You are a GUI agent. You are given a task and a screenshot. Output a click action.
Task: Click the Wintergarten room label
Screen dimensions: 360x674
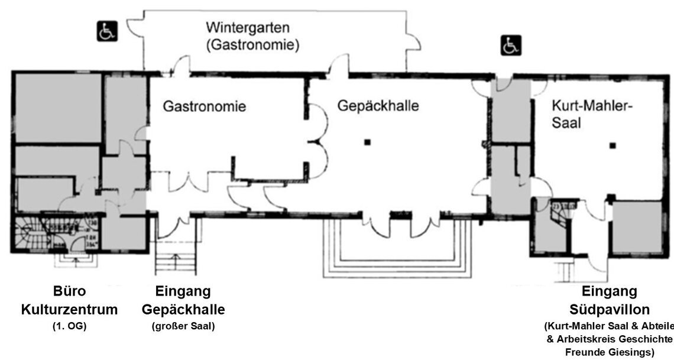click(x=247, y=27)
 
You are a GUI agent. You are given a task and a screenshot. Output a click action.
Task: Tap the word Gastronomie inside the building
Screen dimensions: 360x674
click(x=205, y=108)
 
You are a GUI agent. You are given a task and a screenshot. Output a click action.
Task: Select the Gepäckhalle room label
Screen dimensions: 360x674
click(x=378, y=106)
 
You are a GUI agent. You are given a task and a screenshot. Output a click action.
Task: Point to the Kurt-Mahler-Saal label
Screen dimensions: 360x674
click(x=592, y=115)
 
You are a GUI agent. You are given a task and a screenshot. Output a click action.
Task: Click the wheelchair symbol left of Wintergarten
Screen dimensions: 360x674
click(x=108, y=31)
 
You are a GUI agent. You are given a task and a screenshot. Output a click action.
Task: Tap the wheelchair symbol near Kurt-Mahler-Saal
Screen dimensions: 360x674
click(x=510, y=45)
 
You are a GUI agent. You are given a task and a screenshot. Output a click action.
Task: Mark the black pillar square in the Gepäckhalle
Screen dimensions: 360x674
click(x=367, y=141)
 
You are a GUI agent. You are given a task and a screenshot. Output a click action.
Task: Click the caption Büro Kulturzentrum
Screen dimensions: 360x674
click(x=70, y=300)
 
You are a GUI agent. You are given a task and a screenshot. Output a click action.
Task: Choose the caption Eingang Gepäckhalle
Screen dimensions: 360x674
click(x=183, y=300)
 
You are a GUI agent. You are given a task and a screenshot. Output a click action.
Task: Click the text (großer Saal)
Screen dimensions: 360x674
click(x=183, y=326)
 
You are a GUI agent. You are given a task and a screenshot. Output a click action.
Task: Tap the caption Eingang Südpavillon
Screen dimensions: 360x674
click(x=610, y=300)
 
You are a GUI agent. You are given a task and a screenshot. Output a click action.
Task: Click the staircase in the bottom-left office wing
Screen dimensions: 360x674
click(x=28, y=234)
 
